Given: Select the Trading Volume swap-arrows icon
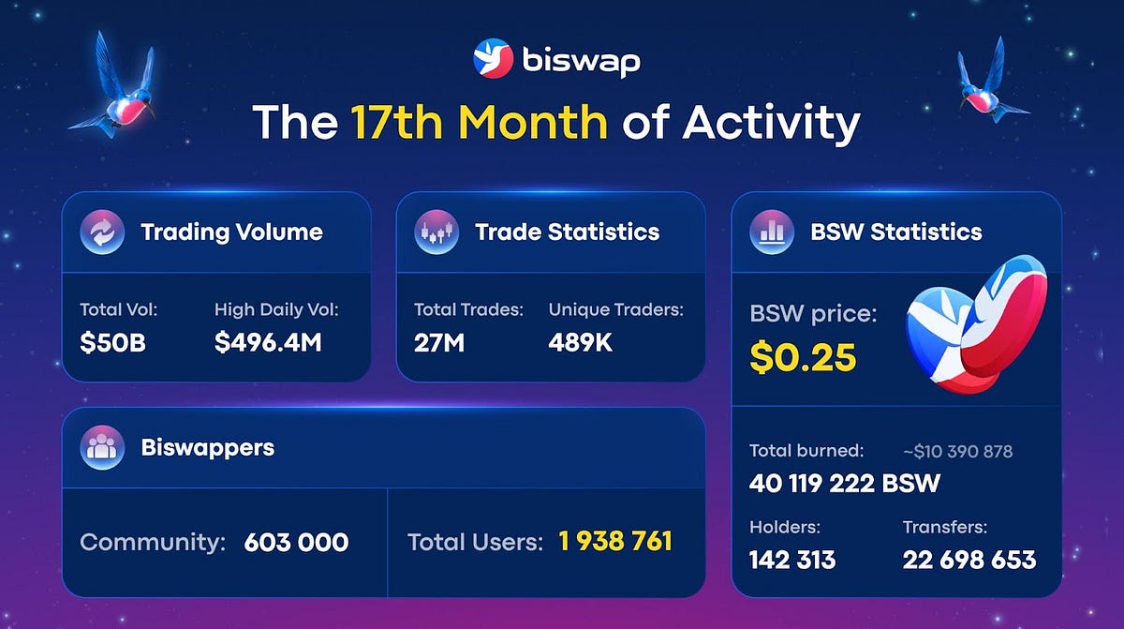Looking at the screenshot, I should (x=98, y=232).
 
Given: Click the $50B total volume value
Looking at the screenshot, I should (x=113, y=343).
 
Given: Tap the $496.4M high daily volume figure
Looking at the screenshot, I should (x=268, y=343).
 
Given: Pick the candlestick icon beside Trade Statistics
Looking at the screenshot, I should (x=436, y=232).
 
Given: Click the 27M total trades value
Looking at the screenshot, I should (x=439, y=343).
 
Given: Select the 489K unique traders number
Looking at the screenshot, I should (x=581, y=343).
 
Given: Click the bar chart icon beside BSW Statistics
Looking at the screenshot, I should (x=772, y=232).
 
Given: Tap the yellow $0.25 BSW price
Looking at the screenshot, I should (x=803, y=357).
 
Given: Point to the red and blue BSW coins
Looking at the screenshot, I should (x=975, y=333).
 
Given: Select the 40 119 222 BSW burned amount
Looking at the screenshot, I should (x=845, y=484).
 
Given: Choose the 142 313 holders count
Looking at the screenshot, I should (x=792, y=560).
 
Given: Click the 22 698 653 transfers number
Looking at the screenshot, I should (x=969, y=560).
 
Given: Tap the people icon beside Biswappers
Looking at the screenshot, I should (x=102, y=447).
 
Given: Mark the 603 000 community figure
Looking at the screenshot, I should (x=296, y=542).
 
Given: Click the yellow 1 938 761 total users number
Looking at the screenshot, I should (x=615, y=542).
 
